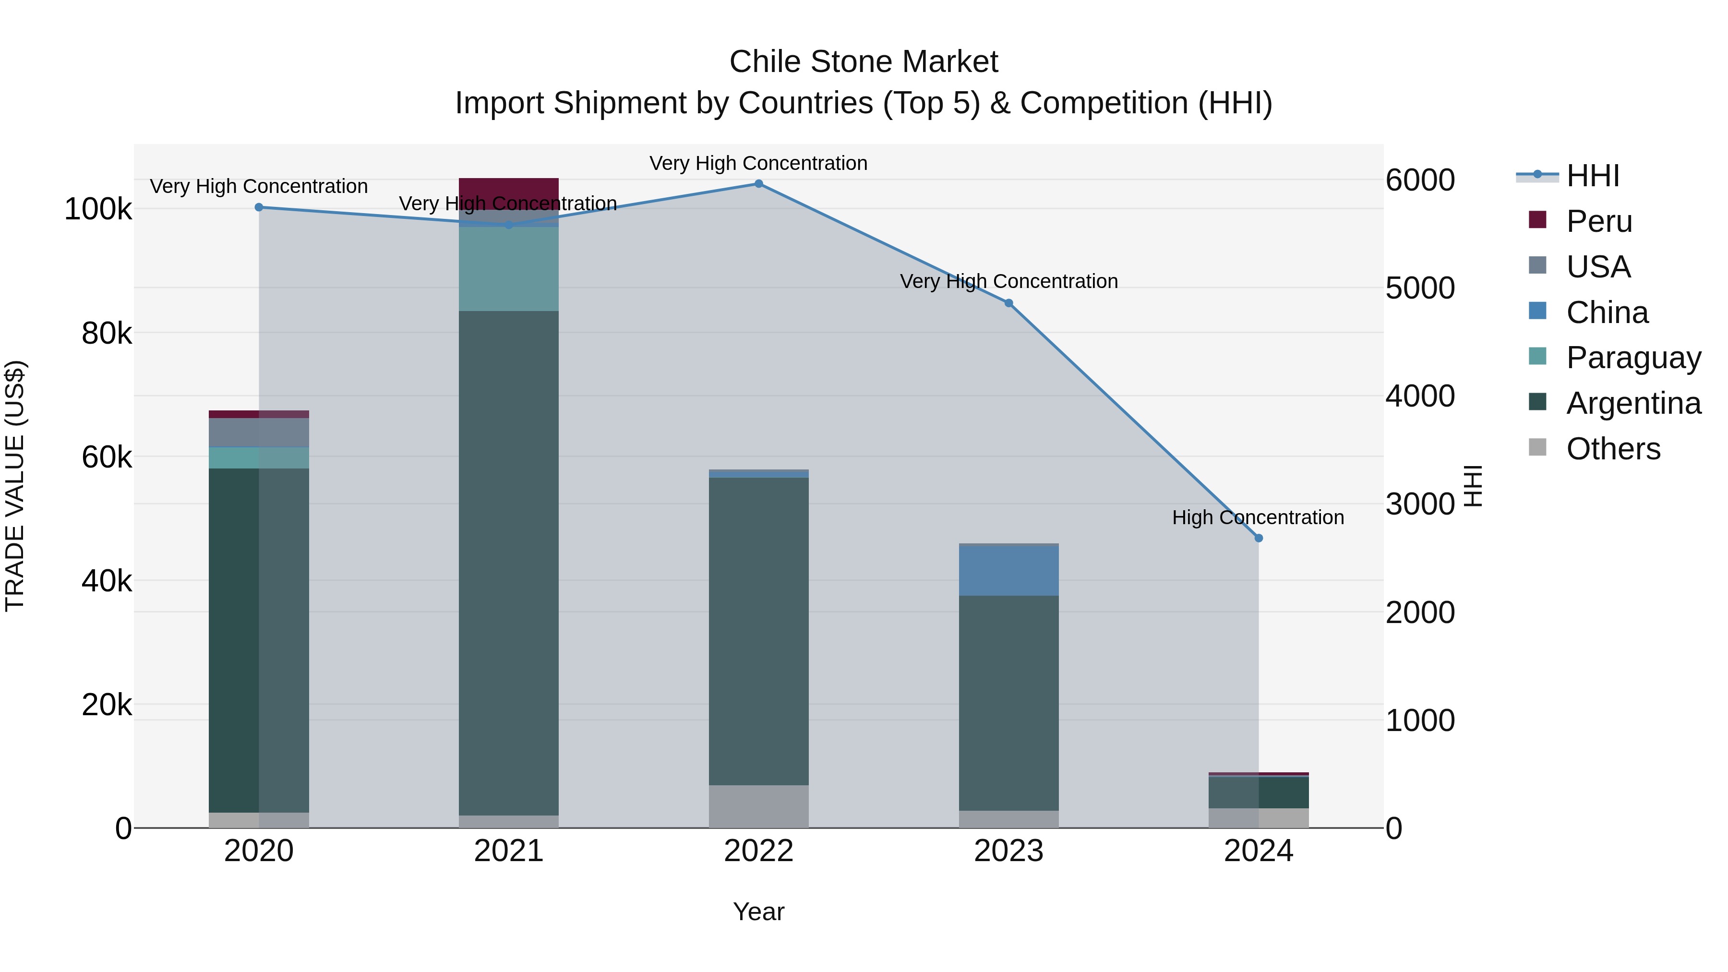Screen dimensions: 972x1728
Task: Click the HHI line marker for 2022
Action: click(759, 184)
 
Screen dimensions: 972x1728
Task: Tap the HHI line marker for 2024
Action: click(1259, 538)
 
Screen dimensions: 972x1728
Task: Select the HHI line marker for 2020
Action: click(259, 207)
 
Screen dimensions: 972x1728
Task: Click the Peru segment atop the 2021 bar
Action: click(508, 193)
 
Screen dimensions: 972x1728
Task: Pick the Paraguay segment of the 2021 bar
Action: click(508, 268)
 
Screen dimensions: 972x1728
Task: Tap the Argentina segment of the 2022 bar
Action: click(759, 631)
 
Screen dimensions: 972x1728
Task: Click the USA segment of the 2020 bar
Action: click(259, 432)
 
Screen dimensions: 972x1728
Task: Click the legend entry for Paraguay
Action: click(1633, 358)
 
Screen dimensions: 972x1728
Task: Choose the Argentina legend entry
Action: click(1633, 403)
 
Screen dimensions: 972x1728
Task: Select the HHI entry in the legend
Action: click(1593, 176)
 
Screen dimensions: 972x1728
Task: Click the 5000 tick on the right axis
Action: click(1420, 288)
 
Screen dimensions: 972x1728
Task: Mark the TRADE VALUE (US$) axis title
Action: click(15, 486)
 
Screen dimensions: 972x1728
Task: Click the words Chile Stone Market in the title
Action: click(864, 62)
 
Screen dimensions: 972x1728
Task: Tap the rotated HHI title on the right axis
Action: click(1473, 486)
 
